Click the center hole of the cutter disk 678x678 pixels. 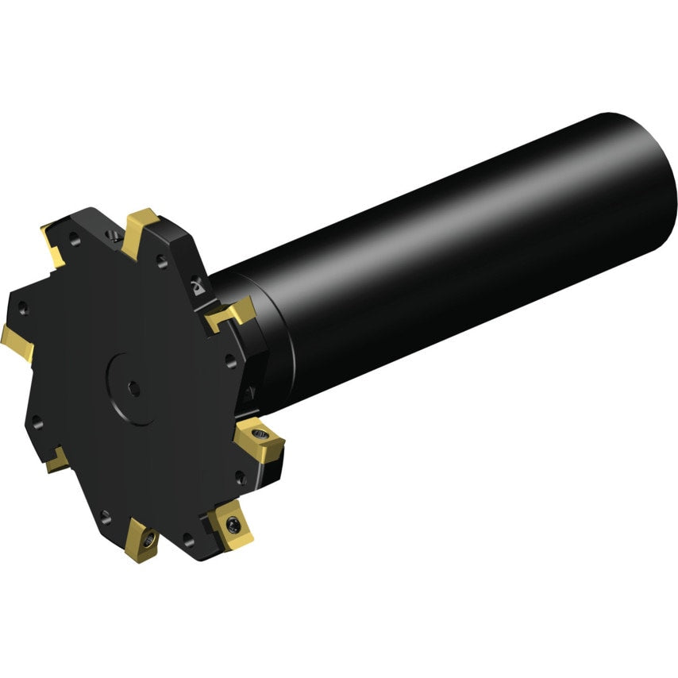(134, 388)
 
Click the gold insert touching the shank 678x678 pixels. (230, 316)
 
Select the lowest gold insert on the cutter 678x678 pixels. (143, 540)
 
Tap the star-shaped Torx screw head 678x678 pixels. (232, 523)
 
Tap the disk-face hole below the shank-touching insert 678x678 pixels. (231, 360)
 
